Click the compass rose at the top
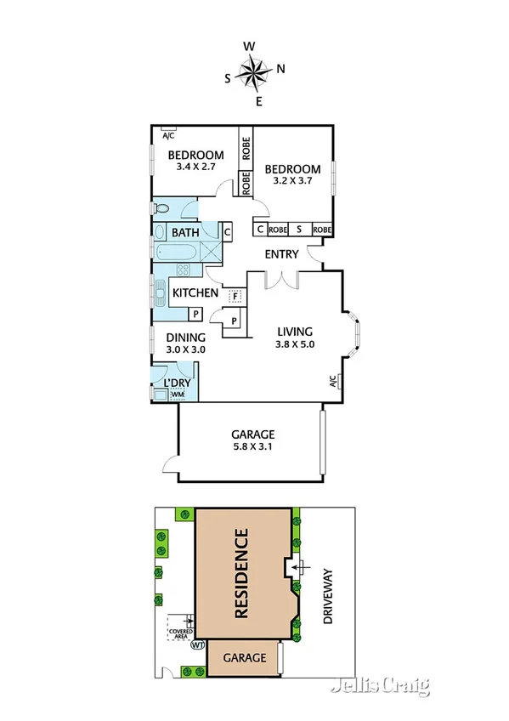coord(255,72)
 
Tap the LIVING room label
coord(295,332)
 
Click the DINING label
coord(186,338)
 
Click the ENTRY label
coord(281,253)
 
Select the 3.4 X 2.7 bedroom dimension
coord(195,168)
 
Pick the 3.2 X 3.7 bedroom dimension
coord(293,182)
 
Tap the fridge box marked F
coord(235,296)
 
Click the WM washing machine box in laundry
coord(178,395)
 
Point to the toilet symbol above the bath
coord(161,207)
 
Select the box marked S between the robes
coord(299,230)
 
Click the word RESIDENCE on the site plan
coord(242,573)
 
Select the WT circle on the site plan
coord(199,645)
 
